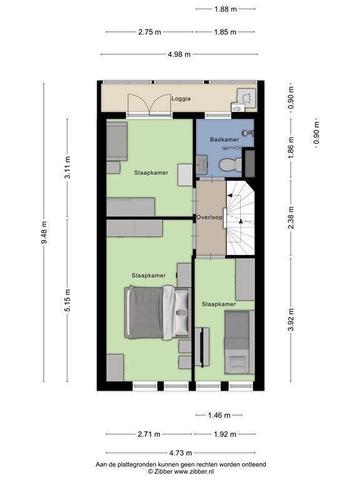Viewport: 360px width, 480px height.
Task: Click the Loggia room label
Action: tap(181, 99)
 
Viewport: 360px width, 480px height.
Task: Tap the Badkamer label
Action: tap(224, 139)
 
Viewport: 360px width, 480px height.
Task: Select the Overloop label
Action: tap(209, 217)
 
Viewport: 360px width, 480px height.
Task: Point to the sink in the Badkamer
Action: tap(202, 165)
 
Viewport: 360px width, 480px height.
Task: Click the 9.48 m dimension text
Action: tap(44, 232)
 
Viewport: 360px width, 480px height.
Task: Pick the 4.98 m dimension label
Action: tap(179, 54)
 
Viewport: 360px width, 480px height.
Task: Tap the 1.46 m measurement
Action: tap(219, 416)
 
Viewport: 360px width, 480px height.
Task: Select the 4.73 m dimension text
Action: tap(181, 452)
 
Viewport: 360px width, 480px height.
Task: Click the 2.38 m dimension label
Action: tap(291, 217)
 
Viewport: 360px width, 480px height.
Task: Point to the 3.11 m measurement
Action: tap(67, 167)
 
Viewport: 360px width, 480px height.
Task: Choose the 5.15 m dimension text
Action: tap(67, 300)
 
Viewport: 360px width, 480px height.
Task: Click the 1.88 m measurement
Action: tap(226, 9)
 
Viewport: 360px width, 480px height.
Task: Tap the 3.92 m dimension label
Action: tap(291, 319)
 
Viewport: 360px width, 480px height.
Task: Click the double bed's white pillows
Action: tap(182, 312)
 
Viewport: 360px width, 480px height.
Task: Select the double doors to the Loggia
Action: tap(149, 104)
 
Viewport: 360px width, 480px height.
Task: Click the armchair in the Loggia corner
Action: tap(247, 97)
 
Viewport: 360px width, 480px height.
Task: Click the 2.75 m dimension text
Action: tap(149, 32)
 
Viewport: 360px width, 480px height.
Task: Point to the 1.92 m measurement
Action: tap(225, 434)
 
